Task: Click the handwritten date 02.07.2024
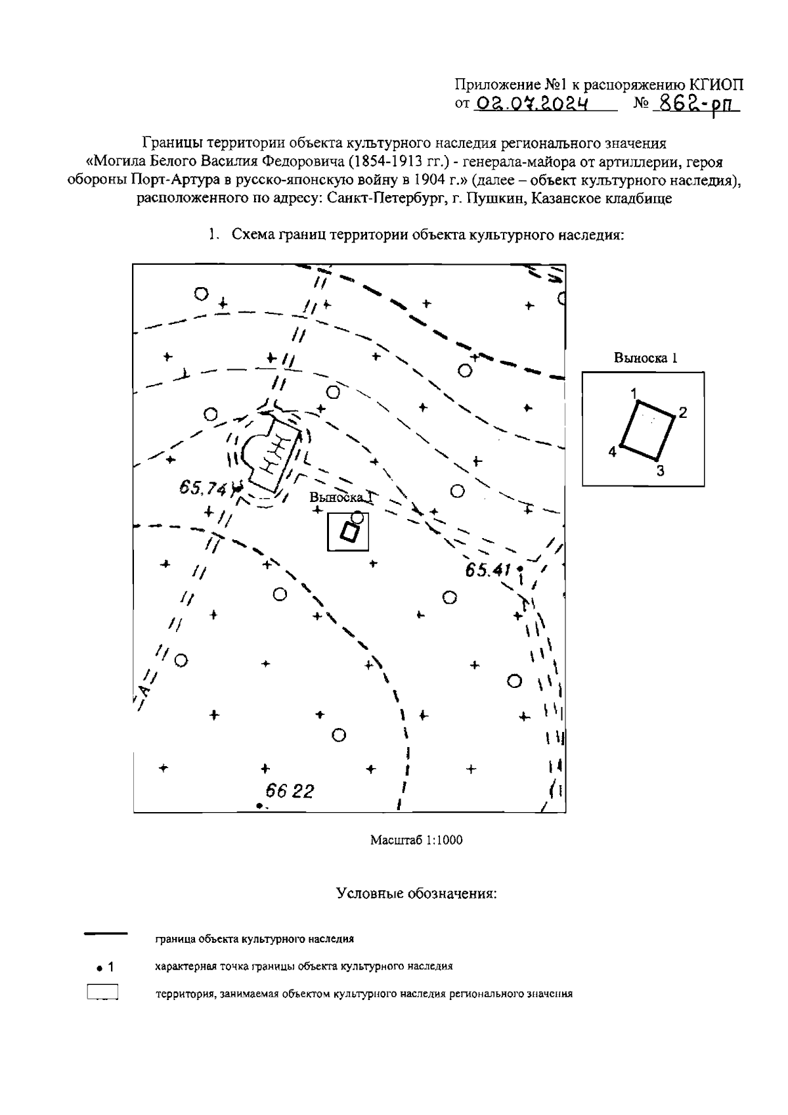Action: pos(532,104)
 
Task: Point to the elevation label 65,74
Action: pos(202,488)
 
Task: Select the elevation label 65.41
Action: pos(488,570)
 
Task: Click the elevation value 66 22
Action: pos(290,791)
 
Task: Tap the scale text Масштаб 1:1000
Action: pos(416,840)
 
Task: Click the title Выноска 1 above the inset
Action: pos(645,358)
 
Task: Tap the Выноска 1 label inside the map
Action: pos(341,498)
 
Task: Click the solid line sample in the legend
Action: pos(106,934)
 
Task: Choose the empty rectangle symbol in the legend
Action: pos(102,992)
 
